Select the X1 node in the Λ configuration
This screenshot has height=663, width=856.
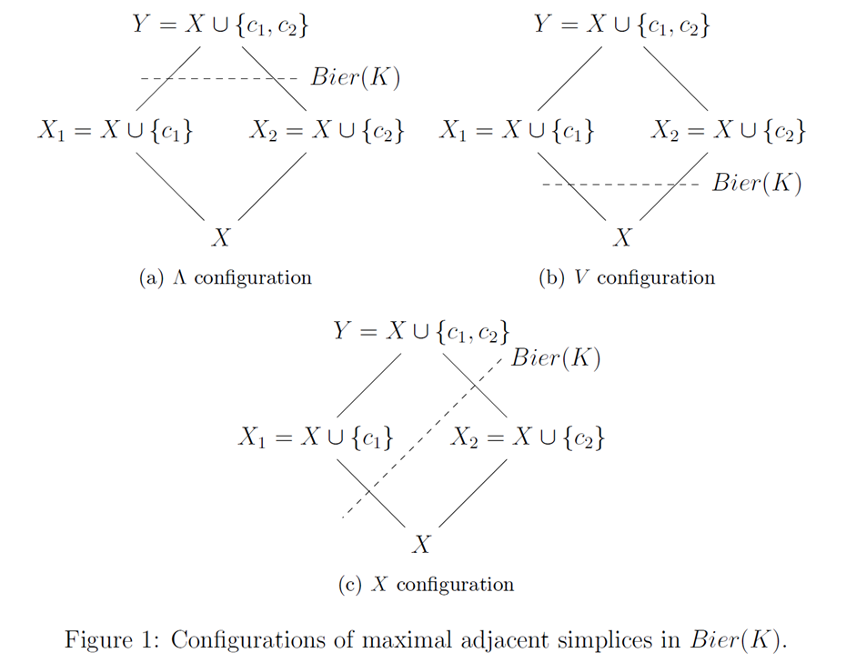(115, 131)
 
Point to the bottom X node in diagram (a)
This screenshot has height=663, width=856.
(220, 238)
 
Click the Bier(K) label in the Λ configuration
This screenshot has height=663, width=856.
(356, 77)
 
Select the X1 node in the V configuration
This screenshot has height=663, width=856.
(517, 131)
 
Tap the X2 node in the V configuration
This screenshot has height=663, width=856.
(729, 131)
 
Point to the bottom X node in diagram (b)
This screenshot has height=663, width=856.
(622, 238)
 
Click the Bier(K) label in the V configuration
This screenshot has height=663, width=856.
(757, 184)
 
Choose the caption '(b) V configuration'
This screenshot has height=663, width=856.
(627, 278)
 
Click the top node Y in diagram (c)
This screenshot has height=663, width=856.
(420, 331)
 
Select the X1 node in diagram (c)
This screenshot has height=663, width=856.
(316, 438)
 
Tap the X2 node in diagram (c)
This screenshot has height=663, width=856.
(528, 438)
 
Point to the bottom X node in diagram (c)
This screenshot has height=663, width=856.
(420, 546)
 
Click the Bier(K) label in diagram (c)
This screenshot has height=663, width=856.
(556, 357)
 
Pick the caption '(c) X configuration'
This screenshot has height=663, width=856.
(426, 585)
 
